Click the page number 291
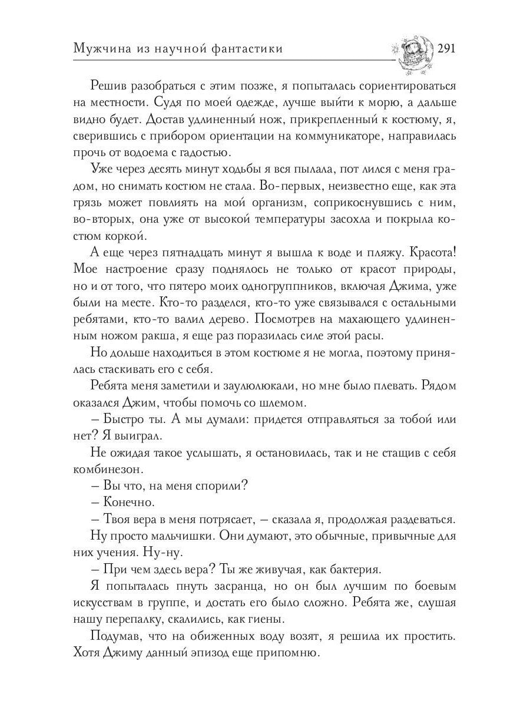[446, 49]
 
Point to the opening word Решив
[110, 86]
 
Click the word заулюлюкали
[249, 386]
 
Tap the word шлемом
[286, 404]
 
